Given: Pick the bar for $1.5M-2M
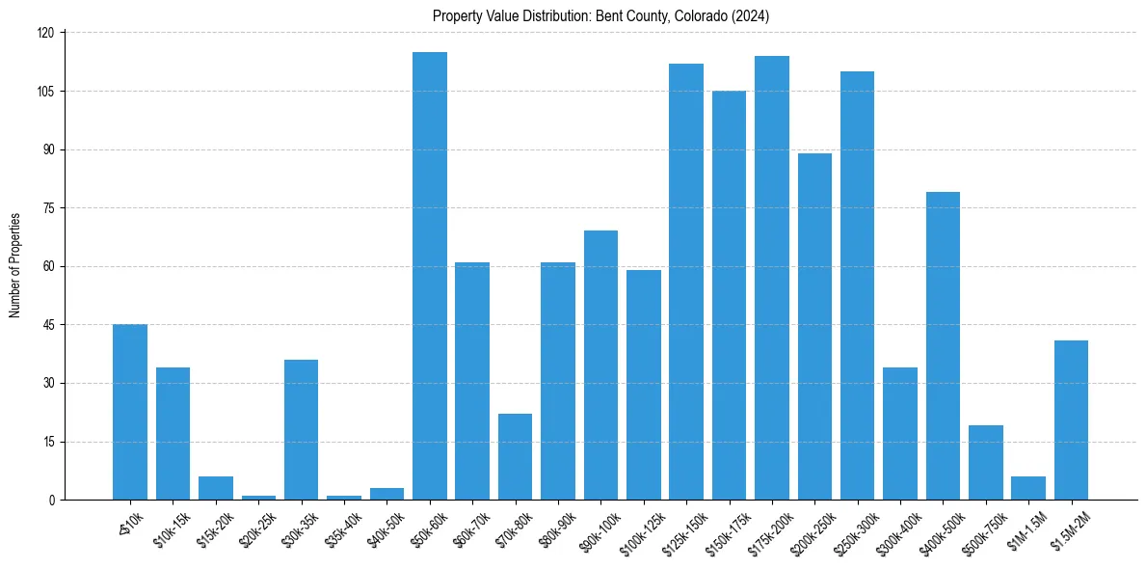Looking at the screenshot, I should tap(1071, 420).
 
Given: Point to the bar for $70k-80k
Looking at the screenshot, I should tap(515, 456).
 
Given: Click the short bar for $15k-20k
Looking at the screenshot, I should tap(216, 488).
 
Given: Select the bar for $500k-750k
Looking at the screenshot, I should tap(986, 462).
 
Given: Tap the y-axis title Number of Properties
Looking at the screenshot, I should tap(15, 265).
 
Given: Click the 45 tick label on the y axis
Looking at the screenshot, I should tap(52, 325).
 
